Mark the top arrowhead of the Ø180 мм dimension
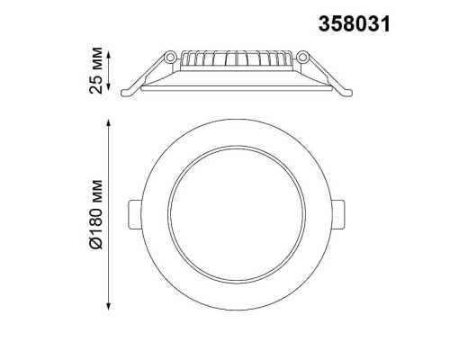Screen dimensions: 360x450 click(109, 120)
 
